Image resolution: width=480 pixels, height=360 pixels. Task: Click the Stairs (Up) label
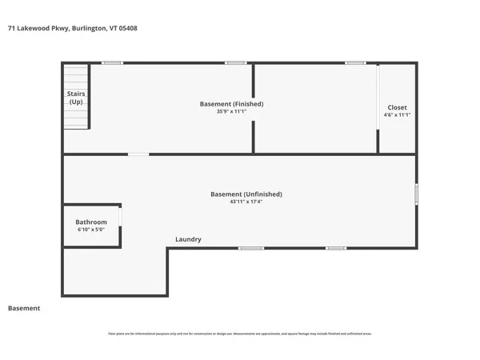pyautogui.click(x=76, y=98)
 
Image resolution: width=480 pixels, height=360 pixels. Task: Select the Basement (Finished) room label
pyautogui.click(x=231, y=104)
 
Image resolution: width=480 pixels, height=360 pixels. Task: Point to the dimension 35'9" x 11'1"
pyautogui.click(x=231, y=113)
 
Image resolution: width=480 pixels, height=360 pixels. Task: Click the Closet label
pyautogui.click(x=397, y=107)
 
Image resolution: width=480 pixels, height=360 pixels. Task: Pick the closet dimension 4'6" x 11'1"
pyautogui.click(x=397, y=115)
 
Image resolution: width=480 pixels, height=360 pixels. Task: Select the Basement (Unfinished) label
pyautogui.click(x=246, y=194)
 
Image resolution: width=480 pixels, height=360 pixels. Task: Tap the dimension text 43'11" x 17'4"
pyautogui.click(x=246, y=202)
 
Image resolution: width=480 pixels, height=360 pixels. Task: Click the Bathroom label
pyautogui.click(x=91, y=222)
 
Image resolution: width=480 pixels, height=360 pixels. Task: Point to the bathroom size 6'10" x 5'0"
pyautogui.click(x=91, y=230)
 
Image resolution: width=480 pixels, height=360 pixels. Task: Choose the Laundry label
pyautogui.click(x=188, y=239)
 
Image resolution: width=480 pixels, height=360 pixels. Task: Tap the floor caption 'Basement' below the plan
pyautogui.click(x=24, y=308)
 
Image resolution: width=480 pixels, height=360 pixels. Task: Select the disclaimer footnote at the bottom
pyautogui.click(x=240, y=333)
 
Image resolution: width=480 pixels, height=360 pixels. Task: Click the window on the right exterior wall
pyautogui.click(x=415, y=194)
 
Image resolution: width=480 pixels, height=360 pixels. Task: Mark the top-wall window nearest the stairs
pyautogui.click(x=112, y=62)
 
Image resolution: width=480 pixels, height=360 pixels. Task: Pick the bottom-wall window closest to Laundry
pyautogui.click(x=251, y=248)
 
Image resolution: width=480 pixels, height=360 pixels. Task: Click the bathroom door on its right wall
pyautogui.click(x=121, y=218)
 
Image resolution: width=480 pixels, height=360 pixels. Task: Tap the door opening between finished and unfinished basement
pyautogui.click(x=138, y=154)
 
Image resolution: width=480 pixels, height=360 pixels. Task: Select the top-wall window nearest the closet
pyautogui.click(x=355, y=62)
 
